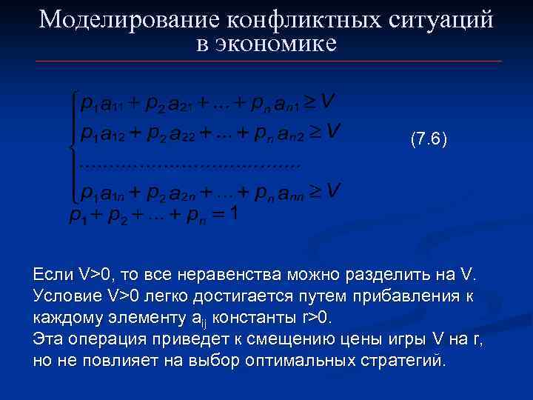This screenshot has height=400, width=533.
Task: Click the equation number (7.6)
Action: (x=428, y=139)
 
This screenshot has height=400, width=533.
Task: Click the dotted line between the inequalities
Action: (x=190, y=162)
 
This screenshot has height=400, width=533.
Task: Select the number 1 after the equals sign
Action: (x=234, y=215)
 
